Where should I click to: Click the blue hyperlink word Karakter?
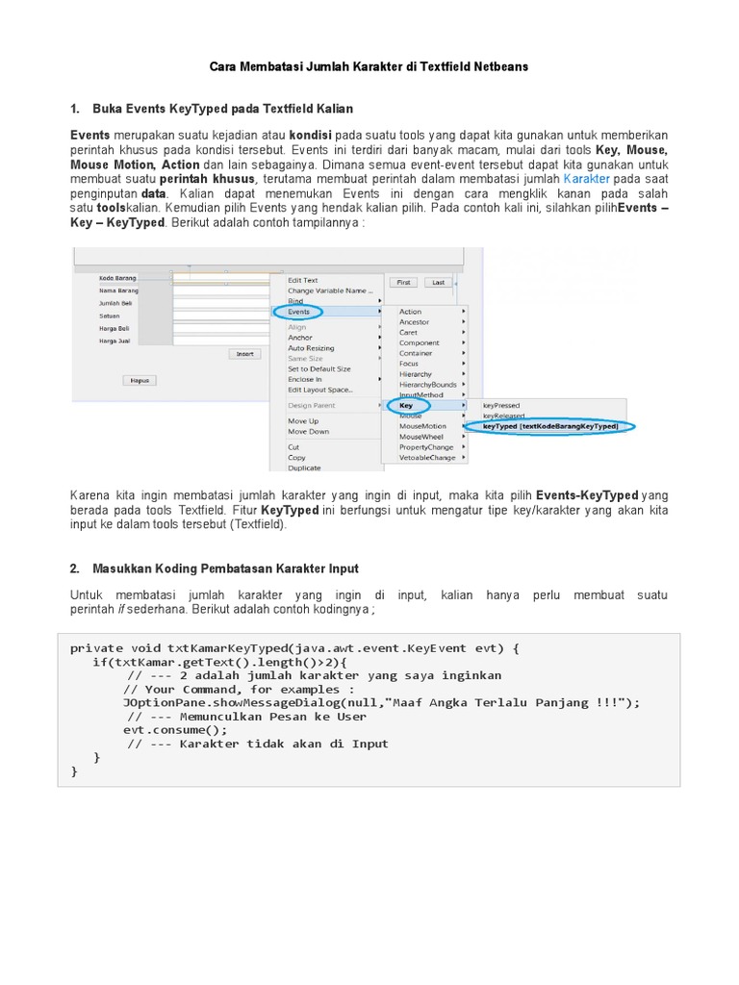587,179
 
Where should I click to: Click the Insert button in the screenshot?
244,354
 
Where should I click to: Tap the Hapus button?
140,380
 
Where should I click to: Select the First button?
403,283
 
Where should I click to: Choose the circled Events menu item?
299,312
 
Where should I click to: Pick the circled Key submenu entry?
406,405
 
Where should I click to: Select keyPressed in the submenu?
502,405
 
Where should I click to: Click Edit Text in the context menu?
303,281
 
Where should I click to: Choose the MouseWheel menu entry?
421,436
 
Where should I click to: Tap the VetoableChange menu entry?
427,457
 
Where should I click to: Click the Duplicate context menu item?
304,467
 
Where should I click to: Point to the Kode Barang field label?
117,279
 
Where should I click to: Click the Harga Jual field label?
115,340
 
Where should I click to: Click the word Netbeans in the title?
496,67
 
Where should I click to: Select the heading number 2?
75,569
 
